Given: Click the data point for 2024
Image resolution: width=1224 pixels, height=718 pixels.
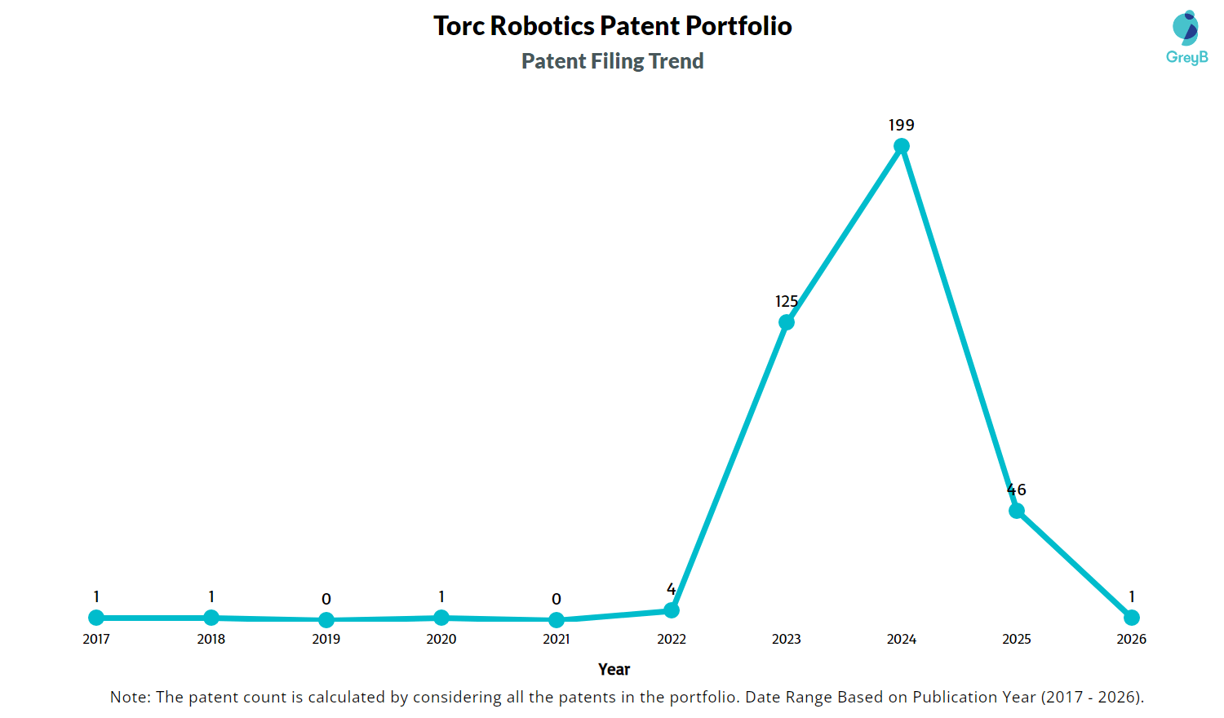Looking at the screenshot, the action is coord(901,146).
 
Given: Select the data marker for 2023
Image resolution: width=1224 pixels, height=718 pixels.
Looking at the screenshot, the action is coord(787,322).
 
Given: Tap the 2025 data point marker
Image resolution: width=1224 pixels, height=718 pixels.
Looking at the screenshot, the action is coord(1017,511).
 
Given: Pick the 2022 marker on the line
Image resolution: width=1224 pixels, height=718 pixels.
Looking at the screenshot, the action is coord(672,610).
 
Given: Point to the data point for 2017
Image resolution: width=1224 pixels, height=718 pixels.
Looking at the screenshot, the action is coord(96,618).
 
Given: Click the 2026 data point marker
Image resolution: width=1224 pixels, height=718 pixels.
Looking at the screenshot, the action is coord(1132,618).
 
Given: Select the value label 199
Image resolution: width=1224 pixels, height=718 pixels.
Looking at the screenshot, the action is coord(901,125).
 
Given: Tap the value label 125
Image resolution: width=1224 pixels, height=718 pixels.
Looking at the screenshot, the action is coord(787,301).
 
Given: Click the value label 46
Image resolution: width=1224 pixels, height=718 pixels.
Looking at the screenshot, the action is coord(1017,490).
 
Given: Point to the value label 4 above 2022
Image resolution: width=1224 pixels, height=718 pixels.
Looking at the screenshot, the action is coord(672,589).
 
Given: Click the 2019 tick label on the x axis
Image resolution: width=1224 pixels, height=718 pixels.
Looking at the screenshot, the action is coord(326,639).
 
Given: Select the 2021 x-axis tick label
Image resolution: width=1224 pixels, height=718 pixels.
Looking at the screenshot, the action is coord(557,639).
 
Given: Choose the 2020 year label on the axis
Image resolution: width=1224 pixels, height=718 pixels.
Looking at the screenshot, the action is coord(441,639).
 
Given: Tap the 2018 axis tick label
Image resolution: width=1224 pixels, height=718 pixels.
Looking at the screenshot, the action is coord(211,639).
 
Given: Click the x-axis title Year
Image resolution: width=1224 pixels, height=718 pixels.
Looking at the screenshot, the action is coord(614,669).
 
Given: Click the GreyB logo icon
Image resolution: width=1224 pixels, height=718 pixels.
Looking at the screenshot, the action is coord(1186,28).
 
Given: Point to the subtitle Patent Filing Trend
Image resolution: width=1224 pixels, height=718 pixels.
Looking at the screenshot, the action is coord(613,60).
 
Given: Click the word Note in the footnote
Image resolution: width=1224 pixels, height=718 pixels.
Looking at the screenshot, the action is coord(130,698).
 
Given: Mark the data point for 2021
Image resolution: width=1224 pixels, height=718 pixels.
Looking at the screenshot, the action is coord(557,620).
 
